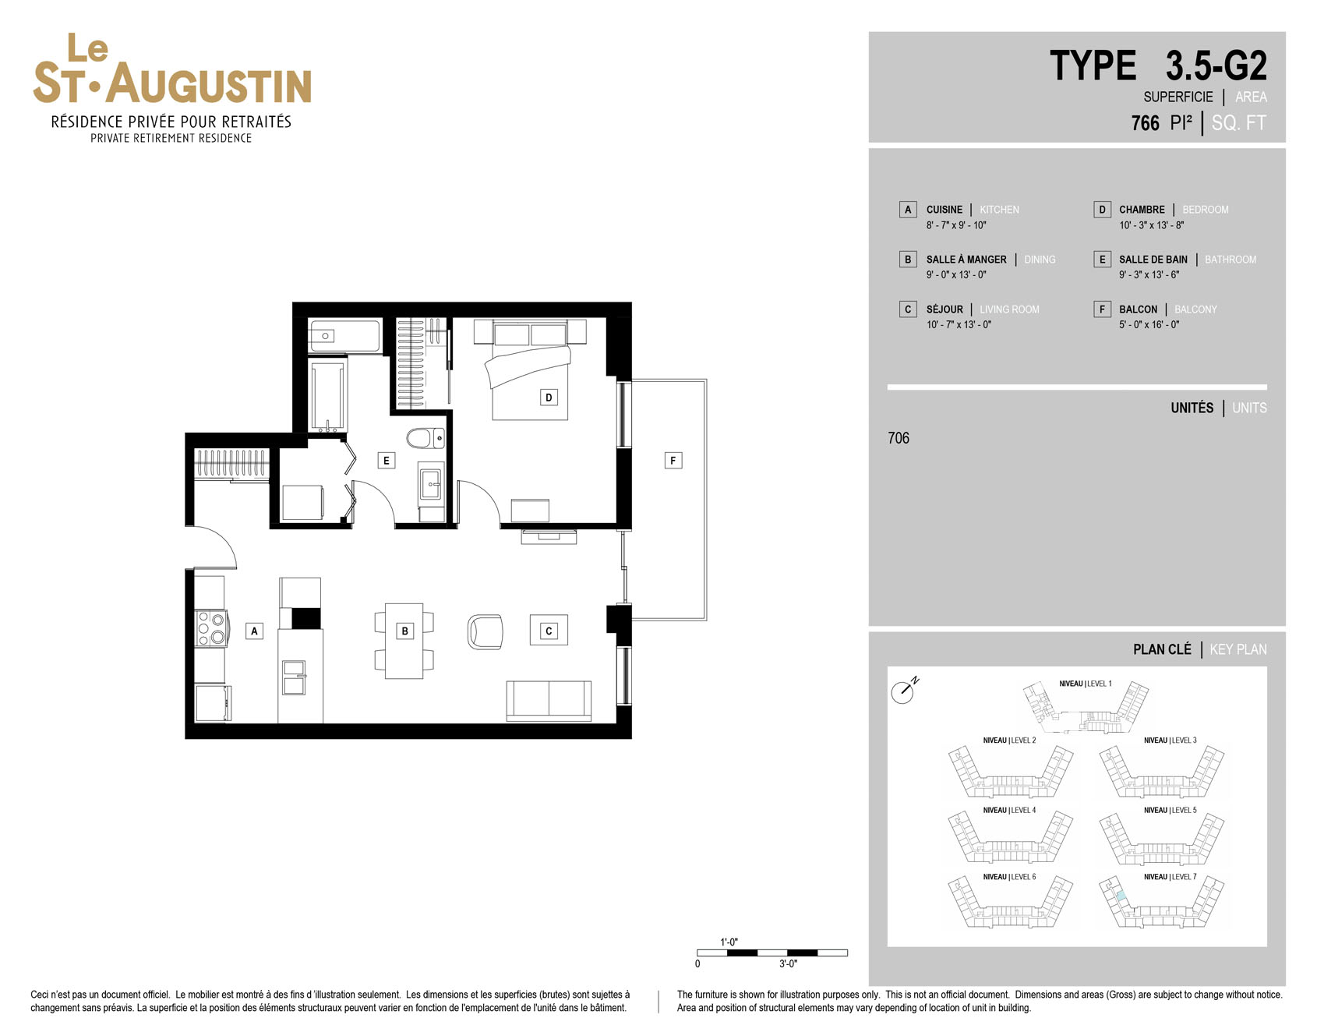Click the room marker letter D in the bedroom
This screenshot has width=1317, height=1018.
(549, 398)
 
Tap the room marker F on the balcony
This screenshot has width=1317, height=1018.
(673, 461)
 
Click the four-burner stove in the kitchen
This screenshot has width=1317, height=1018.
(210, 628)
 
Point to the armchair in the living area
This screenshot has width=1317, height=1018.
(485, 631)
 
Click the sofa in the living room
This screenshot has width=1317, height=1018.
(549, 701)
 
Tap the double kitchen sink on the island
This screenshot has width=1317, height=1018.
(295, 677)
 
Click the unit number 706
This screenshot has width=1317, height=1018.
(899, 438)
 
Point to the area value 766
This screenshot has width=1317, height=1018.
(1145, 123)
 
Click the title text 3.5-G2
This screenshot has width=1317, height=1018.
(1216, 65)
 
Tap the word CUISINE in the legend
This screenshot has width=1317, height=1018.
(944, 210)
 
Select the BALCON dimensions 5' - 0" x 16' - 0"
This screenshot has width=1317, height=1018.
(1149, 325)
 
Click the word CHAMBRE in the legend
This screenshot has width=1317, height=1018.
(1142, 210)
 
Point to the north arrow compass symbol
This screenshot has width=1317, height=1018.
(904, 691)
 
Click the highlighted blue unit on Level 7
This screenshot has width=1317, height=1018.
(1121, 896)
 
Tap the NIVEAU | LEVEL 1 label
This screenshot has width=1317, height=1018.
(1086, 684)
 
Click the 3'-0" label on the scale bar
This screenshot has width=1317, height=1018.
(788, 964)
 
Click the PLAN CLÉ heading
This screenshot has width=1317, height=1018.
(1162, 649)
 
